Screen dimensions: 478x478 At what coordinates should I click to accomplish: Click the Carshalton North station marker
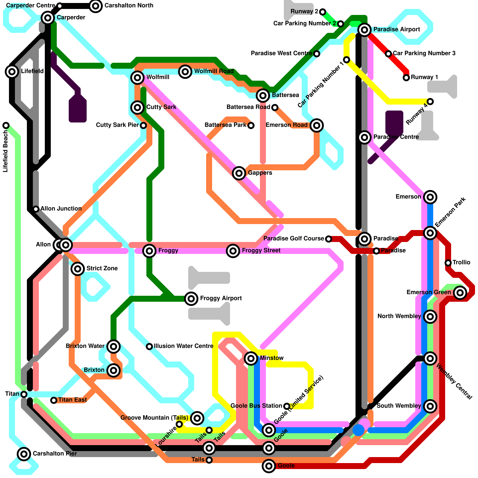coord(95,6)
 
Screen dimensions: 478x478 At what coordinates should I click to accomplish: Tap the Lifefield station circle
coord(12,71)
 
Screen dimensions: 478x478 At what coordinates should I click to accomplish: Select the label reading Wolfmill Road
coord(214,71)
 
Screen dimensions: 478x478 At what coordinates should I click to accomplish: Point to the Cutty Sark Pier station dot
coord(143,125)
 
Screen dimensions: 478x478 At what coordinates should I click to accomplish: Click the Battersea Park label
coord(225,125)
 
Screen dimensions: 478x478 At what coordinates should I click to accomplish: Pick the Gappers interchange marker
coord(239,173)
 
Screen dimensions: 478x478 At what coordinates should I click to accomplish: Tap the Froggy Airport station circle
coord(191,298)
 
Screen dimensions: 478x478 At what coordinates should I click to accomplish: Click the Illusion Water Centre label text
coord(183,346)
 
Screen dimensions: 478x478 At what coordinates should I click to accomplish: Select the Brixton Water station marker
coord(113,347)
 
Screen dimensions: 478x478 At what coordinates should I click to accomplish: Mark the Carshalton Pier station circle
coord(24,454)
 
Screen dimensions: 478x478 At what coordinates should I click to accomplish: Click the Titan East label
coord(73,400)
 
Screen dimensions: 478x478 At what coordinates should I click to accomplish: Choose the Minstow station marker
coord(251,358)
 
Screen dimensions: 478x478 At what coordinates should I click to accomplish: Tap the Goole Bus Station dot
coord(287,406)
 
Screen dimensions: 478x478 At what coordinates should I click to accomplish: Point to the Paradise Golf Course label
coord(294,238)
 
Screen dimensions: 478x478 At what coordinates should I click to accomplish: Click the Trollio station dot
coord(448,263)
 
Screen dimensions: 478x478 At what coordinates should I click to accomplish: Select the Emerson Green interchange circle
coord(460,292)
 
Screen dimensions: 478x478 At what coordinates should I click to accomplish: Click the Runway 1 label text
coord(424,77)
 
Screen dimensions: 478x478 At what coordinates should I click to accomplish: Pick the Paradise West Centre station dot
coord(317,53)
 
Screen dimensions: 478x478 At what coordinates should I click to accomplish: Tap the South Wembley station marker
coord(430,406)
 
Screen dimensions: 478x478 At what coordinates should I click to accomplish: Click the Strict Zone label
coord(102,268)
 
